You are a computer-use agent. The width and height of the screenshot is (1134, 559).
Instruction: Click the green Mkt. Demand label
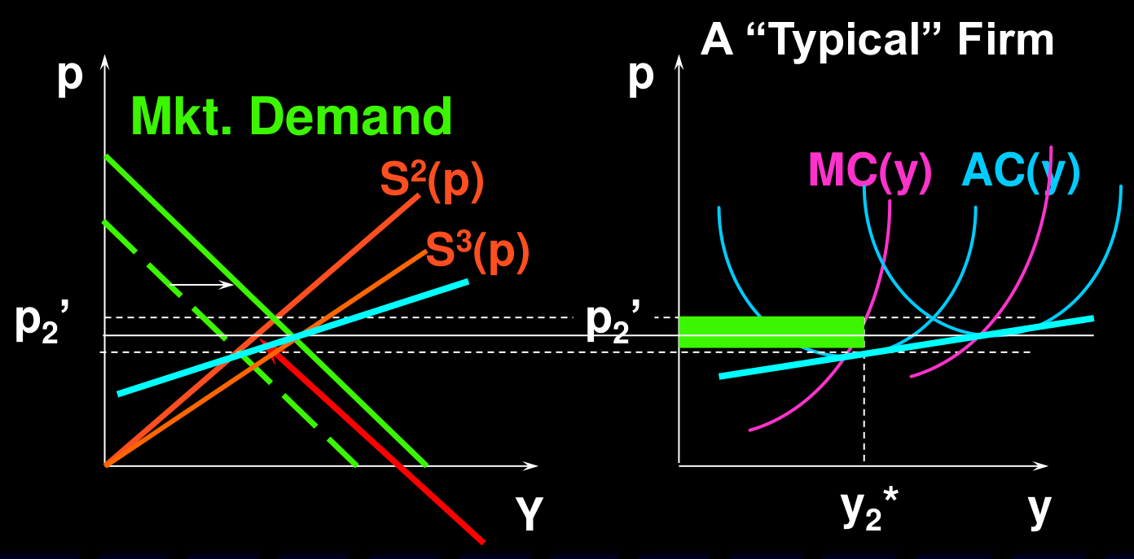pyautogui.click(x=291, y=116)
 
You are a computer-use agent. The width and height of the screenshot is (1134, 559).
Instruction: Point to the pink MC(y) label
pyautogui.click(x=870, y=172)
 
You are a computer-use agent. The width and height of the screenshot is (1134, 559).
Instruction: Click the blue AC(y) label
pyautogui.click(x=1021, y=172)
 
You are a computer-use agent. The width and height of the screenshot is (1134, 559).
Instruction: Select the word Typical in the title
pyautogui.click(x=843, y=41)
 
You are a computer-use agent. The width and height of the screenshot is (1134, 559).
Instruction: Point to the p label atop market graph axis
pyautogui.click(x=70, y=76)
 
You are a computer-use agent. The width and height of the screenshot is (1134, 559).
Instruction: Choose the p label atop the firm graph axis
pyautogui.click(x=641, y=76)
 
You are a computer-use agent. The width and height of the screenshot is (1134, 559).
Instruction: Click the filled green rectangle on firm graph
pyautogui.click(x=771, y=332)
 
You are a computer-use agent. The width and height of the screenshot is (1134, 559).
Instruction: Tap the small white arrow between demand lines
pyautogui.click(x=201, y=285)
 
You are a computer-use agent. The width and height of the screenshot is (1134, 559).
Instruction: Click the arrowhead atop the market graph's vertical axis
pyautogui.click(x=105, y=61)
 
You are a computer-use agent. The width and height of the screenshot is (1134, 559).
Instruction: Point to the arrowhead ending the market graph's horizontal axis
pyautogui.click(x=530, y=465)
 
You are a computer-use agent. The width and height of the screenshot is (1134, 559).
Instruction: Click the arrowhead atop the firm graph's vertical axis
pyautogui.click(x=679, y=61)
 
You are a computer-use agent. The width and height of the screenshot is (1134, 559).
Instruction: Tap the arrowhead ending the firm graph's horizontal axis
pyautogui.click(x=1040, y=465)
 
